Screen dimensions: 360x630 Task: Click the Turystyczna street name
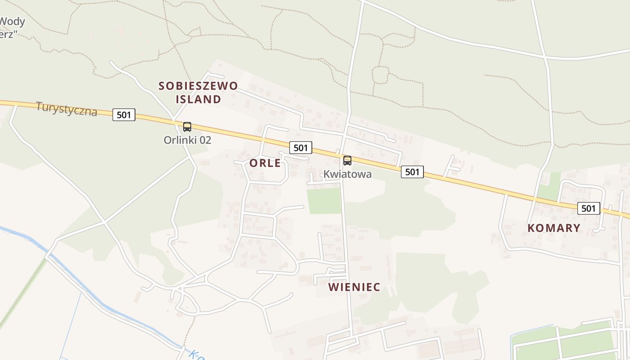(x=66, y=108)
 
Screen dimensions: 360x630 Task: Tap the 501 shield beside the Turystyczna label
(x=123, y=115)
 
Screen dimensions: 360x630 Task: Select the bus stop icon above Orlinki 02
(x=187, y=127)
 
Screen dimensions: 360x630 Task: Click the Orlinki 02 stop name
(x=187, y=140)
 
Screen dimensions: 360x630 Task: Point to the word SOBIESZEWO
(x=198, y=86)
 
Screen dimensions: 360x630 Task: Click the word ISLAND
(x=198, y=99)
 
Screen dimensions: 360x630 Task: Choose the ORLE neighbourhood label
(x=265, y=163)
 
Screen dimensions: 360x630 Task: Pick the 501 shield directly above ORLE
(x=300, y=148)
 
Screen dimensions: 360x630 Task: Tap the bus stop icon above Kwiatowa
(x=347, y=161)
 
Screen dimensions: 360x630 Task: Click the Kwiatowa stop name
(x=347, y=174)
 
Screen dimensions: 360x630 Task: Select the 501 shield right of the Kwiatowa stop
(x=412, y=171)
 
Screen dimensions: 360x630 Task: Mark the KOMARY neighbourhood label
(x=553, y=228)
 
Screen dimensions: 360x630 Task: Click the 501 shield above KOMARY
(x=588, y=208)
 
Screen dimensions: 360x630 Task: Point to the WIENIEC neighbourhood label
(x=354, y=287)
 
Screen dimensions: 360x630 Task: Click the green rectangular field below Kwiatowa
(x=324, y=201)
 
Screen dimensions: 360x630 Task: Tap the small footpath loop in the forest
(x=380, y=75)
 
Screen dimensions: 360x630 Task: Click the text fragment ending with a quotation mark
(x=7, y=34)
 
